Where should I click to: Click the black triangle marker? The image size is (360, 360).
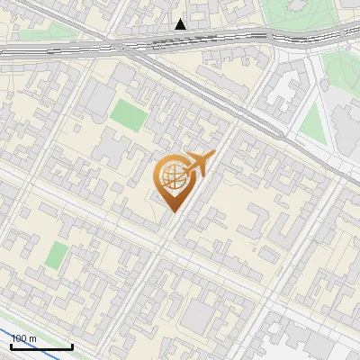181,24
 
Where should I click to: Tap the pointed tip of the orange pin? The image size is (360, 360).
172,212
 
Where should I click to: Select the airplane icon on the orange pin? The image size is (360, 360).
197,165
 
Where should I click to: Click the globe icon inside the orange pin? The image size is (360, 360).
172,177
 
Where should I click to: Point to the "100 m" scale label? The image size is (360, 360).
24,338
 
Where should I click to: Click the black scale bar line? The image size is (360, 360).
41,346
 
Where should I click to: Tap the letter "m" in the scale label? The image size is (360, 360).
32,338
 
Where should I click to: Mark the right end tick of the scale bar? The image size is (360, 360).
72,346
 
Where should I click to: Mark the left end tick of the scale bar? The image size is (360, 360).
11,346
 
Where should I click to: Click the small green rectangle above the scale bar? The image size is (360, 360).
56,255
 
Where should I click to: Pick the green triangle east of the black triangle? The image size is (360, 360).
311,122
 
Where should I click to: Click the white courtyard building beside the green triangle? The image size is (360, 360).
286,94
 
